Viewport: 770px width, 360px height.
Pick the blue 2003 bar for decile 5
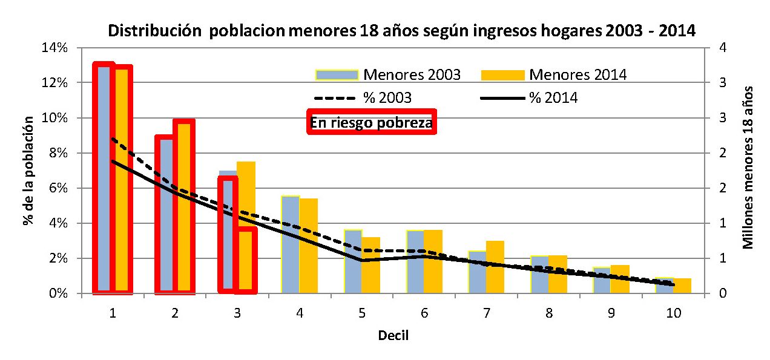tap(353, 261)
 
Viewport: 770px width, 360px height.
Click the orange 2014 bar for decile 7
tap(495, 267)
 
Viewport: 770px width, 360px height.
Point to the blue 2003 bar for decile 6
tap(415, 261)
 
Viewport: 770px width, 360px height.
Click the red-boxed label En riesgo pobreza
tap(372, 123)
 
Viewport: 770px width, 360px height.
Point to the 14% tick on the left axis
tap(55, 47)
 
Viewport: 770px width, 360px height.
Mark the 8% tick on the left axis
tap(58, 153)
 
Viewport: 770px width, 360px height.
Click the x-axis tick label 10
tap(673, 313)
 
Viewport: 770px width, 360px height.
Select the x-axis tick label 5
tap(362, 313)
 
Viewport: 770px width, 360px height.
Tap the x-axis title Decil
tap(393, 335)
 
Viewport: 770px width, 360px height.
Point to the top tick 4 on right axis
tap(721, 47)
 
